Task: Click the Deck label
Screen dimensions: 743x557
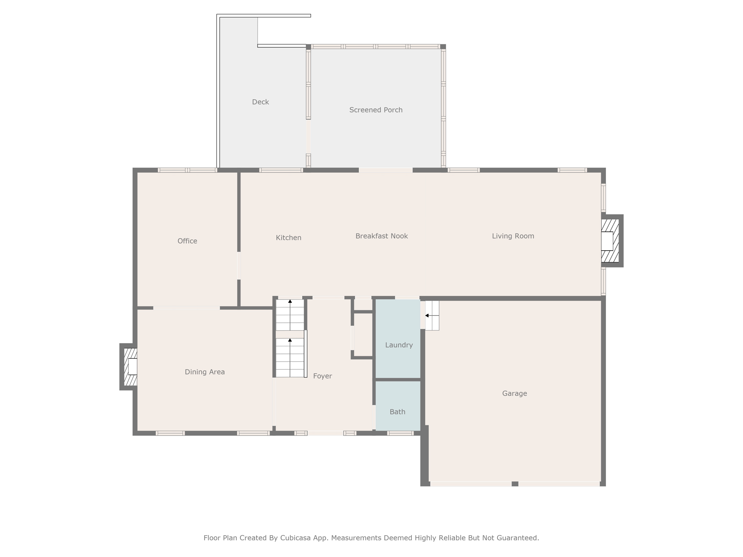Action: click(x=260, y=102)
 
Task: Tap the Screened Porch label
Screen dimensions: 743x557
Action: click(x=376, y=110)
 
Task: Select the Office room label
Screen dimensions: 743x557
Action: click(x=187, y=241)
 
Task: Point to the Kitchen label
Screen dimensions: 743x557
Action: click(x=288, y=238)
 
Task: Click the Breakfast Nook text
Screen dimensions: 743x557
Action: click(x=382, y=236)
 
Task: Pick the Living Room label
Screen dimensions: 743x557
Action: click(x=513, y=236)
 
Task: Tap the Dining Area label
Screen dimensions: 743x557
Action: click(x=205, y=372)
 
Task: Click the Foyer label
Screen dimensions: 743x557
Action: click(x=323, y=376)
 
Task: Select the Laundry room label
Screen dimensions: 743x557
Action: click(x=399, y=345)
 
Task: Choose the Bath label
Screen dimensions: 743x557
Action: click(x=397, y=412)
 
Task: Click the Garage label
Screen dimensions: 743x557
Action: click(x=514, y=393)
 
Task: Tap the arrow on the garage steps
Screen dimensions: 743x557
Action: click(x=432, y=315)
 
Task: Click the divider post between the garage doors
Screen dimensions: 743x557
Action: click(x=515, y=484)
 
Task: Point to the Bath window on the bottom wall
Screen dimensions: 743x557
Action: click(x=400, y=433)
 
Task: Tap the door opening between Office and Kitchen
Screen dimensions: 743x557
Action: click(x=239, y=265)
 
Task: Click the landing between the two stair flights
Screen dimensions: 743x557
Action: click(x=290, y=334)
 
